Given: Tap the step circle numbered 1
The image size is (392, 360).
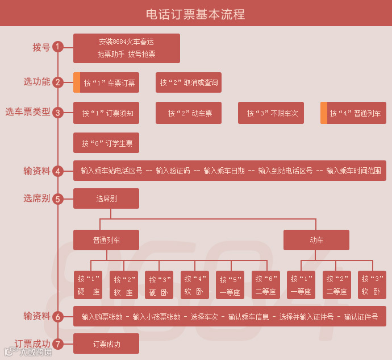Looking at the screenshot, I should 57,47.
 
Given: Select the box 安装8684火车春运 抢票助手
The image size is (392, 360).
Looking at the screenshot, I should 127,48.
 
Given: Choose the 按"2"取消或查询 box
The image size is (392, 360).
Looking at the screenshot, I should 189,82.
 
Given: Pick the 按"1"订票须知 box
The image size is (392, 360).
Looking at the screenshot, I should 107,113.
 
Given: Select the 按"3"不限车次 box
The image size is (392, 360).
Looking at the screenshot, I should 271,113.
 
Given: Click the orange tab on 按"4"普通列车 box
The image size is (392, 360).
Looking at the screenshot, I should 323,113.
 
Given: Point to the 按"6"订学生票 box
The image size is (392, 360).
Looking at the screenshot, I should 107,143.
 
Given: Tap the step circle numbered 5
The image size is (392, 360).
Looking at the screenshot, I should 57,199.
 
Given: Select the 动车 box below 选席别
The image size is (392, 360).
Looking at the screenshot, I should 316,240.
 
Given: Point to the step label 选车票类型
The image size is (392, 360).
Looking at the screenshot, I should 28,112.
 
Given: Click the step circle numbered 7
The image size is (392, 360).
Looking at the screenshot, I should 57,344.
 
